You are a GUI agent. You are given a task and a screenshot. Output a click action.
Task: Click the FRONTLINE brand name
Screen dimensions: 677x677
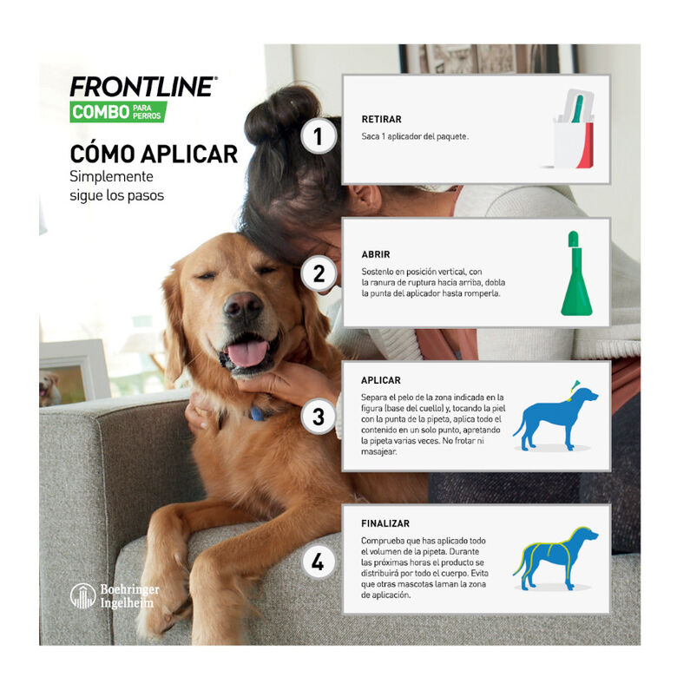[143, 86]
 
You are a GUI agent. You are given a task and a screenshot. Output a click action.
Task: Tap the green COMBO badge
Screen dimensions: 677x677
[118, 112]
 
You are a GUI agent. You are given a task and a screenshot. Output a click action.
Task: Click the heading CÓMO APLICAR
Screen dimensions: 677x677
[154, 154]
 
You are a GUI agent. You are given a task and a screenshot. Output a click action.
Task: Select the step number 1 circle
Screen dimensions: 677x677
[319, 136]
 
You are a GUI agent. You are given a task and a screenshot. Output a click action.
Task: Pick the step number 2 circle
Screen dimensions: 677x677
[319, 273]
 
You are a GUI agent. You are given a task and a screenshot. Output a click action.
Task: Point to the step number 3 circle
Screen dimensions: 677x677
[319, 417]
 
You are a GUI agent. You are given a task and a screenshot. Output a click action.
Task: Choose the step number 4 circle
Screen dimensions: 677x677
[319, 562]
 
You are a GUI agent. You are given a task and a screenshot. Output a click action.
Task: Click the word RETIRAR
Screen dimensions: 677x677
[381, 119]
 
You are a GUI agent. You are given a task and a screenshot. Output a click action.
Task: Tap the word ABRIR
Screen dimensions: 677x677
[376, 254]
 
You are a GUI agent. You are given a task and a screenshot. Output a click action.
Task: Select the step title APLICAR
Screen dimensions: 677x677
[381, 380]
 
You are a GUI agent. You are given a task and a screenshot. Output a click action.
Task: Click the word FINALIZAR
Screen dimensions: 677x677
[385, 523]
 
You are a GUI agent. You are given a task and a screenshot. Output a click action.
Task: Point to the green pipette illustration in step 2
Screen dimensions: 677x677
[576, 273]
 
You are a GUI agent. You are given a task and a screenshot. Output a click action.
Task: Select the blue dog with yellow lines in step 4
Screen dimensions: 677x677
[555, 558]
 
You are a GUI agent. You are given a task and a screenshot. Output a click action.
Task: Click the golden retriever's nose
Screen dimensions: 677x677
[243, 305]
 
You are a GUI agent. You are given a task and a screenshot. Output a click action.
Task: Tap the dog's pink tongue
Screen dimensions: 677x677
[247, 352]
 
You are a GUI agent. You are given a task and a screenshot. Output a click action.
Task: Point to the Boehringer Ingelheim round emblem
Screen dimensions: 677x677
[82, 595]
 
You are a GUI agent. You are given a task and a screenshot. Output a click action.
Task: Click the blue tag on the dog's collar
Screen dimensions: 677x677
[257, 414]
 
